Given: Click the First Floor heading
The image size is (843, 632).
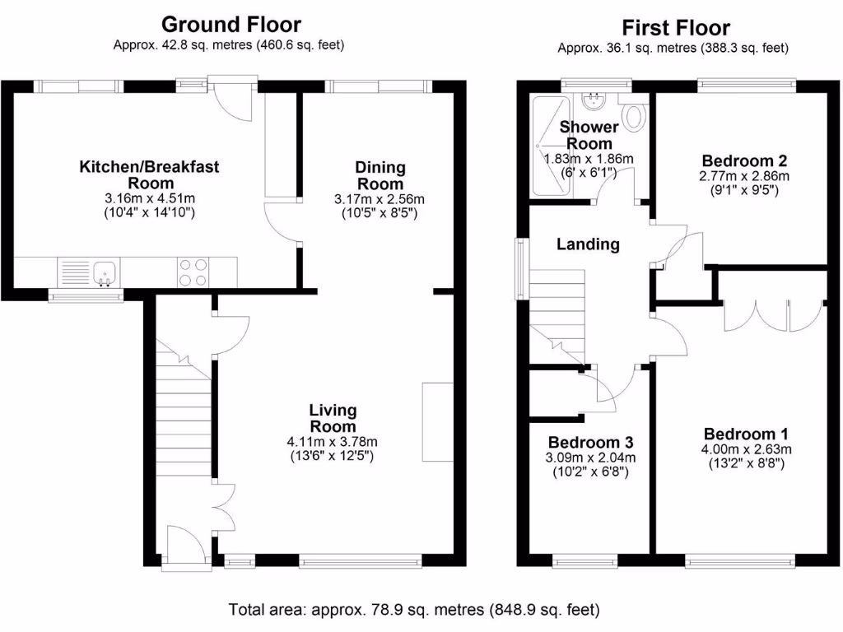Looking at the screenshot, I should [x=675, y=27].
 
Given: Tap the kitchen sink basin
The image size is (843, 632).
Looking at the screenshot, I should [x=105, y=272].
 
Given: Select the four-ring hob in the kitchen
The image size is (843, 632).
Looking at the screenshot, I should [x=193, y=272].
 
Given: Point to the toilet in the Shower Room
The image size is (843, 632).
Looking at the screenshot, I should [x=633, y=117].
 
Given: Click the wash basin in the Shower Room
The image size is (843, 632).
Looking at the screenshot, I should [x=592, y=101].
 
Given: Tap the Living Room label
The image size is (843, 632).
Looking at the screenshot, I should [x=333, y=418].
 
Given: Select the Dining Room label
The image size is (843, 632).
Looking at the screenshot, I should [x=380, y=175].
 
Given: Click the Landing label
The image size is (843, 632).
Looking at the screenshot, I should [x=588, y=244].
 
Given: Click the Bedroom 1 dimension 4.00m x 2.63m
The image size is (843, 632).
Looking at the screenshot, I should [x=747, y=449].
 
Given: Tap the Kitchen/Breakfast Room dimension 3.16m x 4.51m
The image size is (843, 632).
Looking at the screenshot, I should [x=149, y=198].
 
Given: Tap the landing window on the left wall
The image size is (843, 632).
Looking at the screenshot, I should [x=520, y=267].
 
